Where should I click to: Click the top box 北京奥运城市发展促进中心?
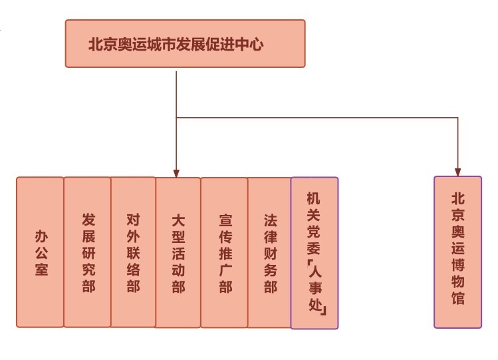pos(185,44)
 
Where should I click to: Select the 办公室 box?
pos(40,252)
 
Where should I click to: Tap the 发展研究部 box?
pos(88,252)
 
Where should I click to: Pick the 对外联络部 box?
pos(133,252)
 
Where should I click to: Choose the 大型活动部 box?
pos(178,252)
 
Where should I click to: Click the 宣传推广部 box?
pos(224,252)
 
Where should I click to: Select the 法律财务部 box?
pos(270,252)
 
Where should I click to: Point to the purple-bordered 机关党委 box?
pos(314,252)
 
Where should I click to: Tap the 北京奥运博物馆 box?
pos(457,252)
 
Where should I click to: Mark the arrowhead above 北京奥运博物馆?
pos(458,171)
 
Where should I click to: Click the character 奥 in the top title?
pos(125,45)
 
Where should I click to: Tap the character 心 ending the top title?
pos(258,45)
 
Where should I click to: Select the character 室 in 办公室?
pos(41,270)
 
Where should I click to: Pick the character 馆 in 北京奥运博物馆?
pos(458,298)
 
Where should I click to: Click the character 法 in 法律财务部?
pos(270,220)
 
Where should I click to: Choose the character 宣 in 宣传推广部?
pos(225,220)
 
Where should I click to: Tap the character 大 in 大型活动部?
pos(178,220)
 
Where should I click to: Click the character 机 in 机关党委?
pos(313,198)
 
